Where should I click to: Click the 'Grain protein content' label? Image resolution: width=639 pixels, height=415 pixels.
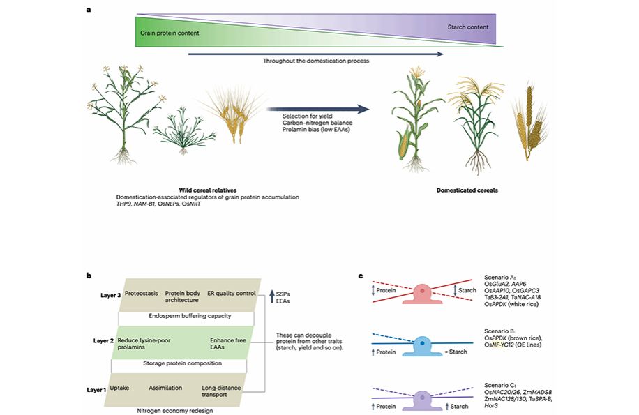pyautogui.click(x=170, y=33)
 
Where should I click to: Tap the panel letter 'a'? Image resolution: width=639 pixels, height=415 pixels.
pyautogui.click(x=89, y=10)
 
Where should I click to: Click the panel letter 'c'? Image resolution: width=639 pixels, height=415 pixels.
pyautogui.click(x=360, y=276)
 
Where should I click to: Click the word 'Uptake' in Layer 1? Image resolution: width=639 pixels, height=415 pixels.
pyautogui.click(x=121, y=387)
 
